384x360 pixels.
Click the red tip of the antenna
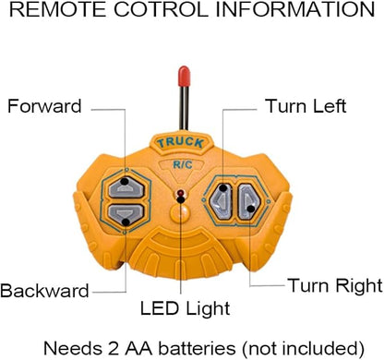pos(184,76)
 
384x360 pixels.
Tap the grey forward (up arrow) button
pos(126,187)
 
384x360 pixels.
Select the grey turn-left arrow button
pos(221,201)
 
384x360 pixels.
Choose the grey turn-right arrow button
pos(248,201)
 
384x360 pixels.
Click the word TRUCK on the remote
pos(181,143)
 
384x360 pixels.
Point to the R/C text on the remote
pos(183,164)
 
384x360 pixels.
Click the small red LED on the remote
pos(180,194)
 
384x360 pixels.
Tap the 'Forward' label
pos(44,106)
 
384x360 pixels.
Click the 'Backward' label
pos(44,291)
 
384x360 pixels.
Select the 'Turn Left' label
pos(306,106)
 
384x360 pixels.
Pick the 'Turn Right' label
pos(335,285)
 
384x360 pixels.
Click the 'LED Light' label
pos(185,308)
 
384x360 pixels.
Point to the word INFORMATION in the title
pos(295,9)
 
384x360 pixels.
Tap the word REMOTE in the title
pos(58,9)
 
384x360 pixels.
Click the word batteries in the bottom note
pos(197,349)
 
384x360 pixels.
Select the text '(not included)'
pos(303,349)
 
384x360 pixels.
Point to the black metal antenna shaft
pos(184,108)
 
